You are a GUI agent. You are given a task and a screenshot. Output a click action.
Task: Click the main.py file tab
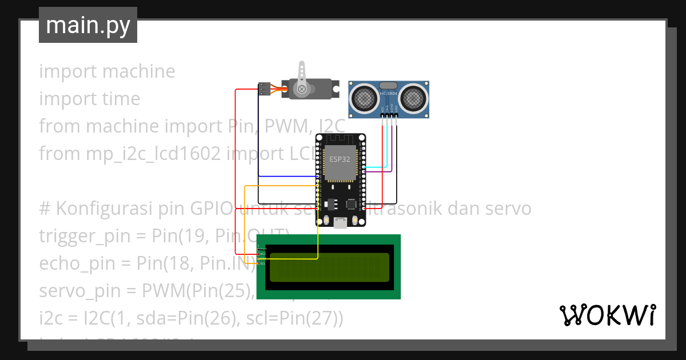pyautogui.click(x=87, y=25)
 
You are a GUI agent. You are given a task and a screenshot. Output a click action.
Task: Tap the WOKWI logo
pyautogui.click(x=607, y=315)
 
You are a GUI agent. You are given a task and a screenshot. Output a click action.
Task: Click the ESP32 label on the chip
pyautogui.click(x=340, y=159)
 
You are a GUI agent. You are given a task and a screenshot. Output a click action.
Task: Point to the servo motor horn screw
pyautogui.click(x=301, y=89)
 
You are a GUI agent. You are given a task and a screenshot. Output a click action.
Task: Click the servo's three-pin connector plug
pyautogui.click(x=264, y=89)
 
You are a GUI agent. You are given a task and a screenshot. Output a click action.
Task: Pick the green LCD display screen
pyautogui.click(x=329, y=267)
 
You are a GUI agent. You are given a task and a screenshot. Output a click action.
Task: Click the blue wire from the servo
pyautogui.click(x=258, y=143)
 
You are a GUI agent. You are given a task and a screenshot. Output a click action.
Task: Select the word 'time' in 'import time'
pyautogui.click(x=121, y=99)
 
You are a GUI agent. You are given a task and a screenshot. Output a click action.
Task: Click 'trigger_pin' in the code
pyautogui.click(x=75, y=236)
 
